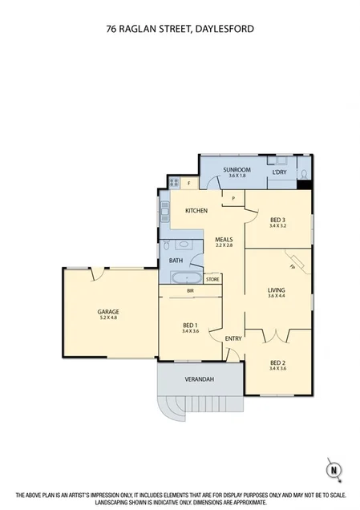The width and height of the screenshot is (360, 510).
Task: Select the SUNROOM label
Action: tap(237, 170)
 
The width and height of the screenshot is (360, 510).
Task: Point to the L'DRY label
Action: tap(278, 172)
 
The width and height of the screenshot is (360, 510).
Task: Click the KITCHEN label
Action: tap(196, 210)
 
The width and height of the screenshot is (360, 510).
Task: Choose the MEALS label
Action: tap(224, 239)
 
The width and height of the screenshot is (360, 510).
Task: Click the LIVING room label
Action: tap(276, 289)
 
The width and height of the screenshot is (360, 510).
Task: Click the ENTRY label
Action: tap(233, 338)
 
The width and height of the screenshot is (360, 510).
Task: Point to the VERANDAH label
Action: tap(200, 378)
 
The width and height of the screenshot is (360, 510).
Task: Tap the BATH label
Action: tap(175, 261)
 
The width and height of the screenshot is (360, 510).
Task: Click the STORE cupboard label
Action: tap(212, 279)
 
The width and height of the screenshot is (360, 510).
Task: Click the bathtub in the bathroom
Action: tap(186, 277)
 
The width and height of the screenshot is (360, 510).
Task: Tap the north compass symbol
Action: tap(333, 469)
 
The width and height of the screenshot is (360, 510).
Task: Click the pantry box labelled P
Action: tap(233, 197)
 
